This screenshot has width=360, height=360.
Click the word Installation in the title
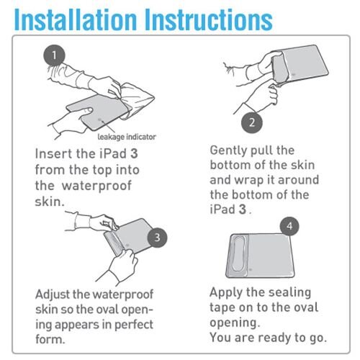click(x=76, y=19)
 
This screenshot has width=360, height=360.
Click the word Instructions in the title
click(x=209, y=19)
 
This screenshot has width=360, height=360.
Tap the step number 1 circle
click(x=54, y=55)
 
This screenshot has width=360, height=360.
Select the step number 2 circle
click(x=252, y=122)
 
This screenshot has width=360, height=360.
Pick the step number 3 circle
click(x=157, y=238)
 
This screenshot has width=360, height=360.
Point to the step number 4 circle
click(x=289, y=226)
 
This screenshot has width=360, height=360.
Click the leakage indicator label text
click(x=127, y=137)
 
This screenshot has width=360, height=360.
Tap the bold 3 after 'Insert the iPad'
click(x=134, y=153)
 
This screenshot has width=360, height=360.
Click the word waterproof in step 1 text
click(x=96, y=186)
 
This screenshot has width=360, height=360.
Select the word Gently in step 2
click(x=228, y=151)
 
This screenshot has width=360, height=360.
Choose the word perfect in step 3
click(x=134, y=325)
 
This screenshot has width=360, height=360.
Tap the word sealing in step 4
click(x=289, y=293)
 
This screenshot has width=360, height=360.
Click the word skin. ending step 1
click(x=50, y=202)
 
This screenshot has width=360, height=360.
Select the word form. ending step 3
click(x=50, y=339)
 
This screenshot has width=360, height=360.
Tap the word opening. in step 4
click(x=235, y=323)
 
